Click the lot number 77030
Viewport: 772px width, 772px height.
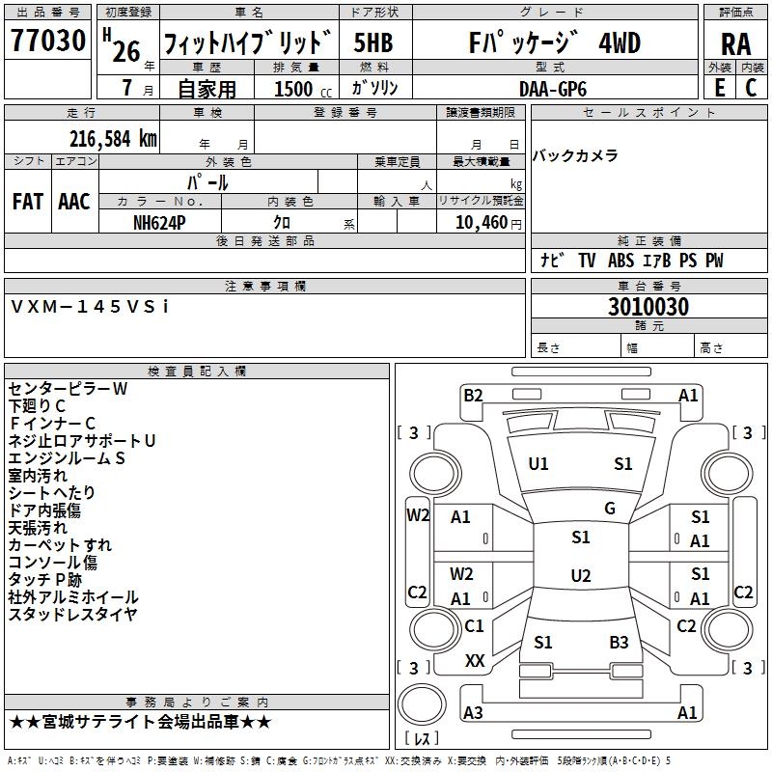[47, 42]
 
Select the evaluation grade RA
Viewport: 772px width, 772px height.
[735, 43]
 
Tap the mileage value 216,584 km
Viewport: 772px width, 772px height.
[113, 138]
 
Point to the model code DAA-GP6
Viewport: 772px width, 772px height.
[552, 88]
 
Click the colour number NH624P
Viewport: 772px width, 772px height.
[159, 222]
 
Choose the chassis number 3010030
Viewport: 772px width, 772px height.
[648, 308]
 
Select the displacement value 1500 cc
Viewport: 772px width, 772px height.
[300, 89]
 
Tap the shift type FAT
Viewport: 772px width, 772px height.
[28, 202]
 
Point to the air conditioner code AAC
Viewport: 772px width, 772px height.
[73, 202]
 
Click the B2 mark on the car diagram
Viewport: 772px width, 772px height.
[473, 395]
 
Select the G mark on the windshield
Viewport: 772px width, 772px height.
[610, 509]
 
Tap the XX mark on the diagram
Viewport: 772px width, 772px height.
[475, 661]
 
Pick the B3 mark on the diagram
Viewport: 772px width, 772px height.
[619, 642]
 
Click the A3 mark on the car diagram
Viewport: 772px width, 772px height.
[473, 713]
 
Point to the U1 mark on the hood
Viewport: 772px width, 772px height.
[538, 464]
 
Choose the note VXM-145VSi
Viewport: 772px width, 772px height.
[90, 306]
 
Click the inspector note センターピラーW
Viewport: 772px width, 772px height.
[68, 389]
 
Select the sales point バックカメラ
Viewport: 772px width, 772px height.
[575, 155]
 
